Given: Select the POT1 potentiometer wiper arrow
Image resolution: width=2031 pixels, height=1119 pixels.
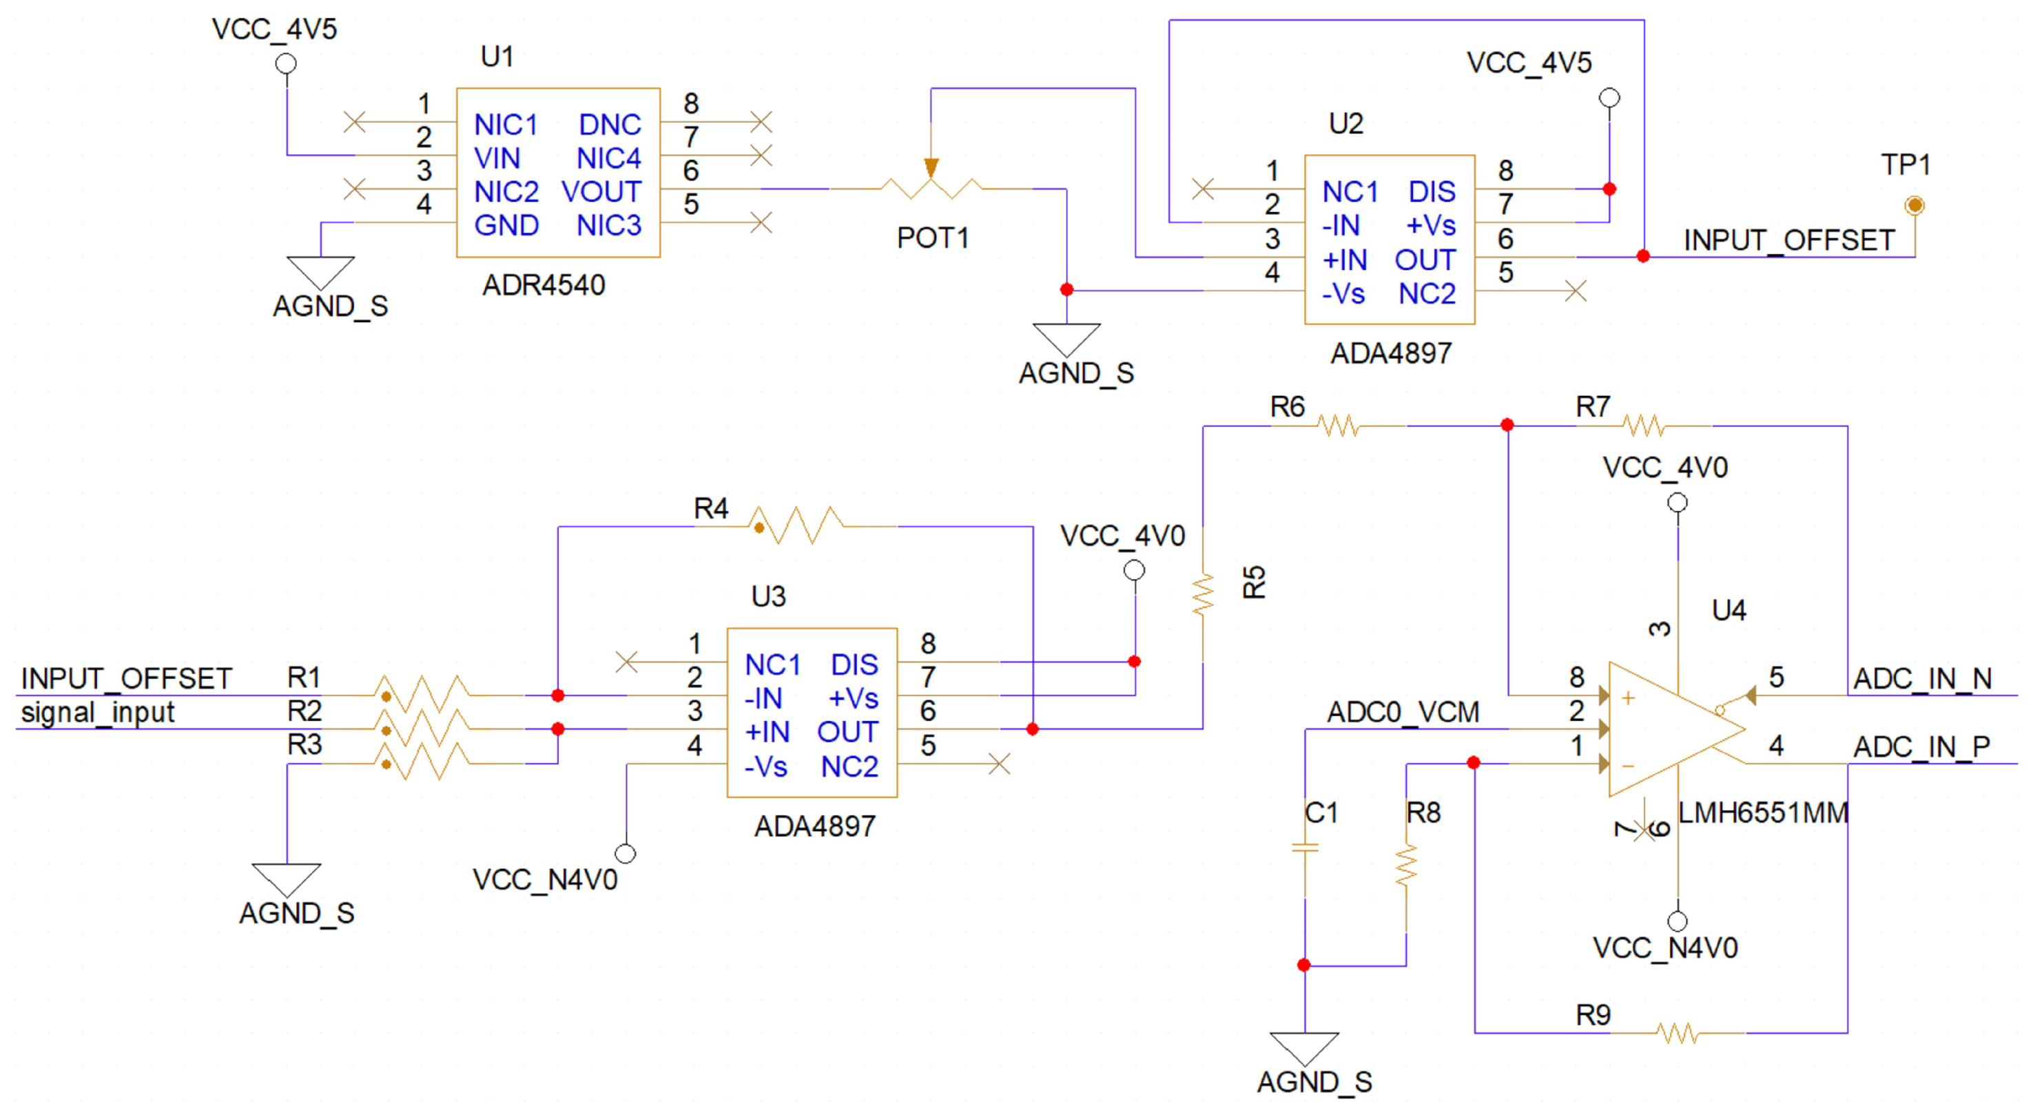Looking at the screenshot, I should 931,167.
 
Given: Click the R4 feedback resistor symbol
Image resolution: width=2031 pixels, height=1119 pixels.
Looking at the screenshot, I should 796,525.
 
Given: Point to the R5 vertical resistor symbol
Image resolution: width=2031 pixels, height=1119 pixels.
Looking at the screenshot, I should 1202,596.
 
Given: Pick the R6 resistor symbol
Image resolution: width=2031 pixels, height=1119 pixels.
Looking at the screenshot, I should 1338,426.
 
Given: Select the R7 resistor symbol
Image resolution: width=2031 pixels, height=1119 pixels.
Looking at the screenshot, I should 1644,426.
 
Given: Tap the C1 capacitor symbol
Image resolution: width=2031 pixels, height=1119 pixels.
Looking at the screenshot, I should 1305,848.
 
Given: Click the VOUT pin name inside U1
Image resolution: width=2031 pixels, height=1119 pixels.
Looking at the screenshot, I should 601,191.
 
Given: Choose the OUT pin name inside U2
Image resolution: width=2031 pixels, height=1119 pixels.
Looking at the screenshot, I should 1424,259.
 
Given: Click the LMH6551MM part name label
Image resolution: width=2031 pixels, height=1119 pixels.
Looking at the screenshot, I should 1763,813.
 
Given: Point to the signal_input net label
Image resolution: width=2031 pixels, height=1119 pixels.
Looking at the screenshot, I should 98,713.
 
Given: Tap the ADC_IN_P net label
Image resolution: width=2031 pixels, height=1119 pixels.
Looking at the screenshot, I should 1921,746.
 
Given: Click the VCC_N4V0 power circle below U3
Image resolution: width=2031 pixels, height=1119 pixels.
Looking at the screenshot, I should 626,853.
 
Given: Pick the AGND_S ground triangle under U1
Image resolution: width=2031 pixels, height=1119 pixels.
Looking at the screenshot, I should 320,272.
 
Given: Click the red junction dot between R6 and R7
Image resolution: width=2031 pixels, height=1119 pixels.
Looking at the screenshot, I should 1507,426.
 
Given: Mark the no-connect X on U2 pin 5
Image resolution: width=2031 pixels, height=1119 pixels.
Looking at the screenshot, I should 1576,291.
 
